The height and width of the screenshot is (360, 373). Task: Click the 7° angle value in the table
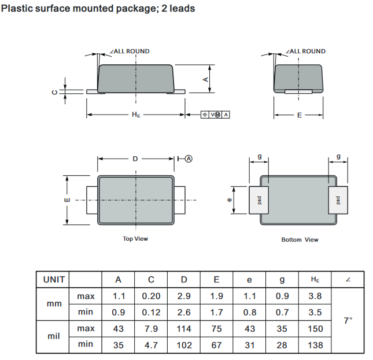tap(348, 321)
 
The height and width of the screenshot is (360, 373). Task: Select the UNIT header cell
tap(54, 280)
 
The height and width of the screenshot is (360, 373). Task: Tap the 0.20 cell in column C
tap(151, 296)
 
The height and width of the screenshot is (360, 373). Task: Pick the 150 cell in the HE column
tap(315, 329)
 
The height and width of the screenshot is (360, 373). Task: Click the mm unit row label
tap(54, 304)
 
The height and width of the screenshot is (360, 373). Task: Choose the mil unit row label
tap(54, 336)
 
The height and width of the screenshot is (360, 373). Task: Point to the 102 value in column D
tap(184, 345)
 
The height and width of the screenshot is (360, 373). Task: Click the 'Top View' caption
tap(135, 239)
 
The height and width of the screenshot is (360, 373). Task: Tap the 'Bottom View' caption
tap(300, 240)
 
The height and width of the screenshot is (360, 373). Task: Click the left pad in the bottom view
tap(259, 200)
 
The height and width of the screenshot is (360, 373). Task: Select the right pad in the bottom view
tap(338, 200)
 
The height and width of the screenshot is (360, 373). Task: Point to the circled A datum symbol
tap(189, 159)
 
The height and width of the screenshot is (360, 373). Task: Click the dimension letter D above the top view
tap(135, 159)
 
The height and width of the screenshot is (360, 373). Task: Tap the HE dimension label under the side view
tap(136, 115)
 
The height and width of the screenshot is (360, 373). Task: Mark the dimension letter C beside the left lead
tap(54, 92)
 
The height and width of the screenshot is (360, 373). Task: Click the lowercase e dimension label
tap(230, 200)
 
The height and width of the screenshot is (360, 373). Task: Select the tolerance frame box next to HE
tap(215, 115)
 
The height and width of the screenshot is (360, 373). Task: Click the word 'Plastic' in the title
tap(17, 9)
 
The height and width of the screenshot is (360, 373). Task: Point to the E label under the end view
tap(300, 115)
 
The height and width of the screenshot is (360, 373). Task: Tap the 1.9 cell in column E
tap(217, 296)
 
